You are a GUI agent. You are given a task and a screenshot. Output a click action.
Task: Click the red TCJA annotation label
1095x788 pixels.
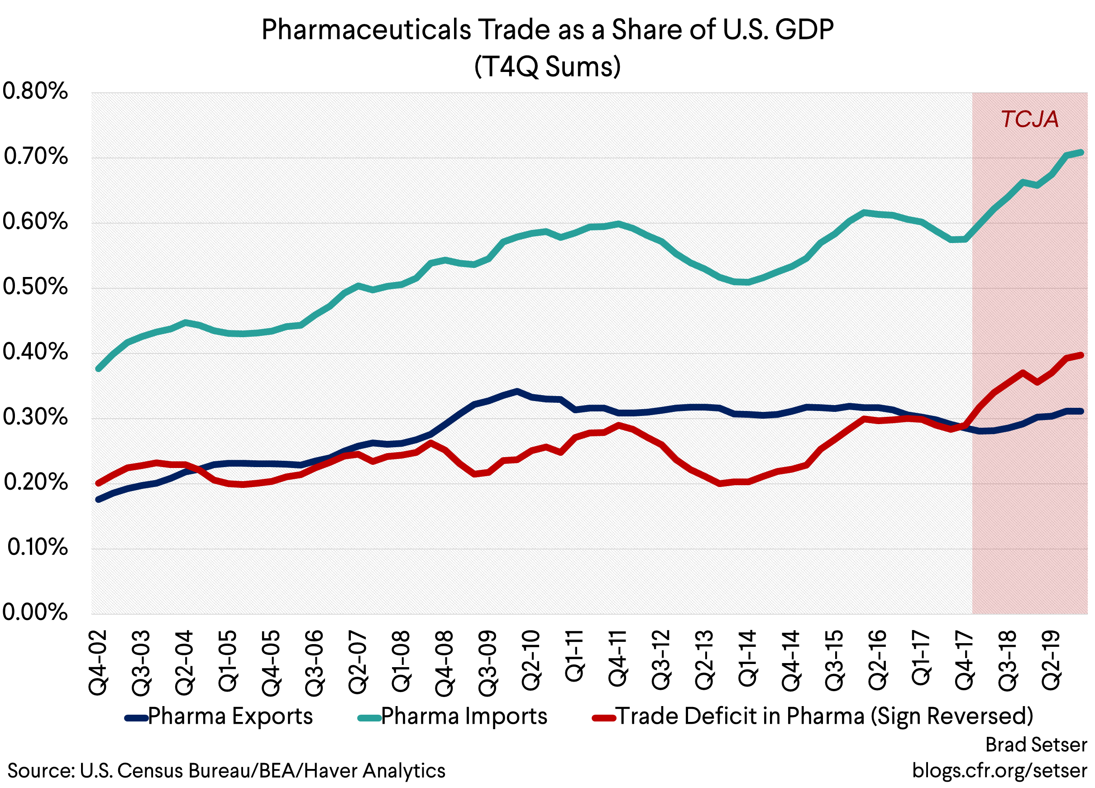pyautogui.click(x=1029, y=119)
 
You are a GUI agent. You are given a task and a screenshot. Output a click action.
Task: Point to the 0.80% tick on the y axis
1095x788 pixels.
pyautogui.click(x=35, y=91)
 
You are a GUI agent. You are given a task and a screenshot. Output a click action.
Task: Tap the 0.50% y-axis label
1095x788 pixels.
pyautogui.click(x=35, y=287)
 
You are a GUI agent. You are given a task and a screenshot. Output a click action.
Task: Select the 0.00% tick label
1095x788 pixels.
pyautogui.click(x=35, y=612)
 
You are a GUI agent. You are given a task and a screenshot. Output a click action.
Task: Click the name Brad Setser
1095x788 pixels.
pyautogui.click(x=1036, y=745)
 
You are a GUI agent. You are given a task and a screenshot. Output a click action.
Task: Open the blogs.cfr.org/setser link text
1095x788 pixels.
pyautogui.click(x=999, y=770)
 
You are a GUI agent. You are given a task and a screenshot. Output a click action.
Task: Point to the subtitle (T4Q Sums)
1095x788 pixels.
pyautogui.click(x=547, y=66)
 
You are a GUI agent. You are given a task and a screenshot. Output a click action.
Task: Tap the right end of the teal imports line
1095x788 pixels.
pyautogui.click(x=1081, y=153)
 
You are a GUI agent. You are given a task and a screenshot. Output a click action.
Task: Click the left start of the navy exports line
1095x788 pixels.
pyautogui.click(x=99, y=499)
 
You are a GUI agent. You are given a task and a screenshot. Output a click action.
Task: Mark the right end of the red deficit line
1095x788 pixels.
pyautogui.click(x=1081, y=355)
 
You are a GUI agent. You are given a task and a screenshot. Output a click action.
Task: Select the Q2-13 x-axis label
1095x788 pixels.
pyautogui.click(x=704, y=659)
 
